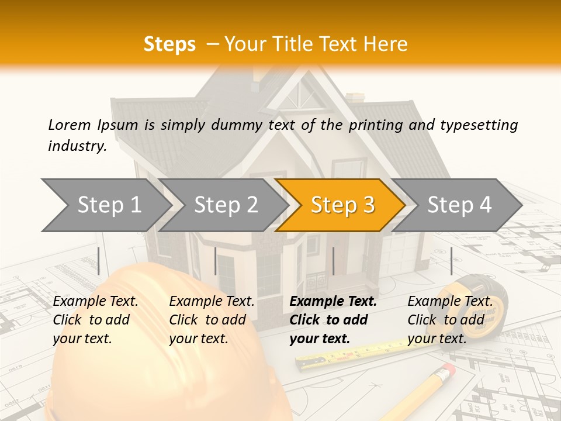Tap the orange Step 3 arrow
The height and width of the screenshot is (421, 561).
click(342, 205)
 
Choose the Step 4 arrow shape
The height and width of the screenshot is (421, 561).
click(459, 205)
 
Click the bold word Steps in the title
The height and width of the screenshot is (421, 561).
click(169, 44)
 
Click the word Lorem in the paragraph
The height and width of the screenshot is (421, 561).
click(69, 125)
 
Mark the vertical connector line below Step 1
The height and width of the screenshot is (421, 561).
click(99, 261)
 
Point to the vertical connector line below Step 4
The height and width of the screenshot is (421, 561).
click(451, 261)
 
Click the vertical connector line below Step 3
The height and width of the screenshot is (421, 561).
click(333, 261)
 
